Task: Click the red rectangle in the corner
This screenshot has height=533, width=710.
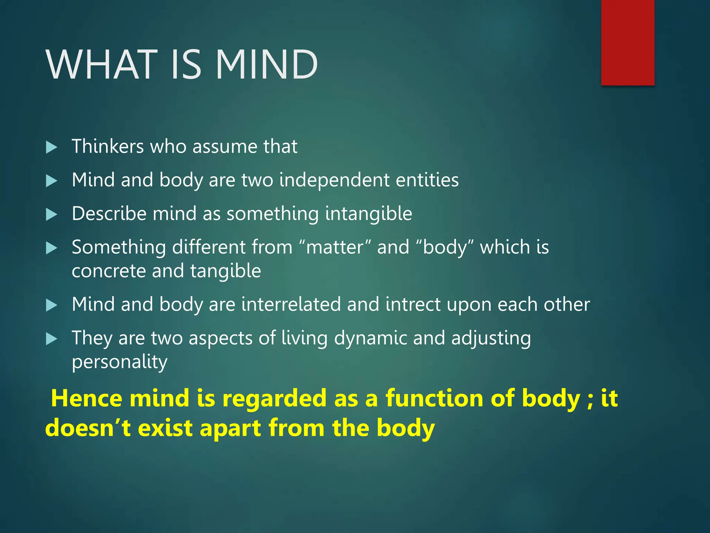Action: [627, 42]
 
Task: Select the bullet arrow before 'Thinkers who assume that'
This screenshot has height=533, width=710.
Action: [51, 147]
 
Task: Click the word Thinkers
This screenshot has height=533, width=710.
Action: [107, 146]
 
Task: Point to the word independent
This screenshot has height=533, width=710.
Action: [334, 180]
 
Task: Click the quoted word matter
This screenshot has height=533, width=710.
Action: [335, 247]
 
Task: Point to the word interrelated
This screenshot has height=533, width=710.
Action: [291, 304]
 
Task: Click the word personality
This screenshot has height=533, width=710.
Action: [120, 362]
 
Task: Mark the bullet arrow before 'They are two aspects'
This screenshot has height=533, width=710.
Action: [51, 339]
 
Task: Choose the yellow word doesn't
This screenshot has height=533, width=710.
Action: [88, 428]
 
